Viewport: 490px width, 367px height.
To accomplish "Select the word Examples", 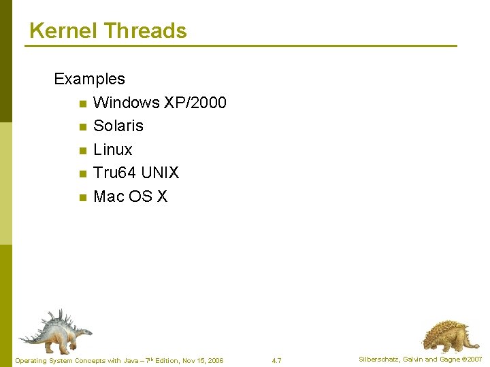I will pos(89,79).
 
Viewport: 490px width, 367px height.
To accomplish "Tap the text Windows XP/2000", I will pos(159,103).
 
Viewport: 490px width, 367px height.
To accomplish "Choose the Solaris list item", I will pos(118,126).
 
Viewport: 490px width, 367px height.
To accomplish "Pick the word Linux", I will pos(113,150).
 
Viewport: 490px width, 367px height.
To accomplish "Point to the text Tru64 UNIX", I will pos(136,173).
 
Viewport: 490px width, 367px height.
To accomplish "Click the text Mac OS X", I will pos(130,196).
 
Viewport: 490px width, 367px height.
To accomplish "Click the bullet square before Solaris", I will pos(82,127).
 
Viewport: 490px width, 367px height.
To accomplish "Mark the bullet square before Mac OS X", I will pos(82,198).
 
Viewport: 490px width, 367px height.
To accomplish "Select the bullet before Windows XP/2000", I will pos(82,104).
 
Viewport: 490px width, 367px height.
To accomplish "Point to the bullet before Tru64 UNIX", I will pos(82,174).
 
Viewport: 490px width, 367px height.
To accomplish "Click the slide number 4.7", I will pos(276,360).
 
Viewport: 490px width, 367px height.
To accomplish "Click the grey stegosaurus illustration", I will pos(54,330).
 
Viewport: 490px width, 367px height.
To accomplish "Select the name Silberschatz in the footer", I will pos(379,360).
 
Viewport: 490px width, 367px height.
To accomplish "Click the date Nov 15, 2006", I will pos(201,360).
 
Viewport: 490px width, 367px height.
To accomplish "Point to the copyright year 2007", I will pos(474,360).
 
